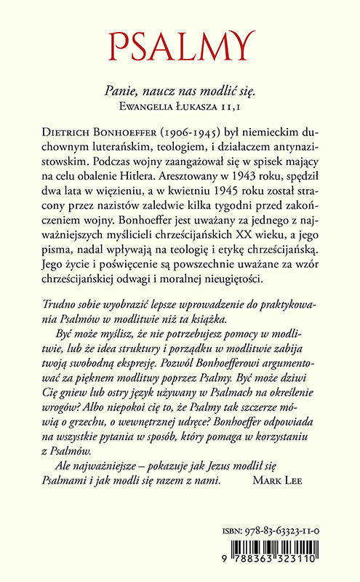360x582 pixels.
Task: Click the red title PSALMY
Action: pos(180,46)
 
